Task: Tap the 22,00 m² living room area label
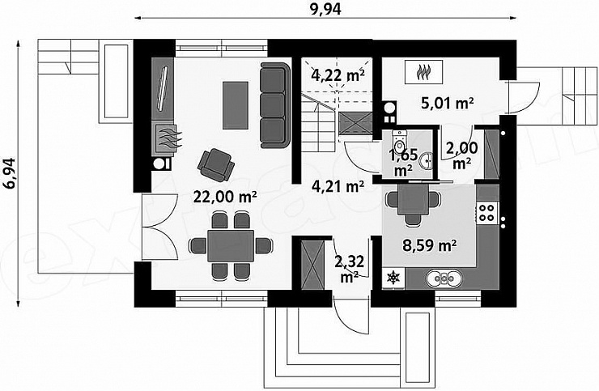click(x=225, y=197)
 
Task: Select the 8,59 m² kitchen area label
click(x=430, y=245)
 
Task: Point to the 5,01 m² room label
click(x=448, y=103)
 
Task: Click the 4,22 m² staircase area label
click(x=338, y=75)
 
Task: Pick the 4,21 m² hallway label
click(x=338, y=186)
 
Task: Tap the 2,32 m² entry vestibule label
click(x=349, y=269)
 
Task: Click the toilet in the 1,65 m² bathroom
click(x=400, y=141)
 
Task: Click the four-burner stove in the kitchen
click(x=487, y=213)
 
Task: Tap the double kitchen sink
click(x=443, y=278)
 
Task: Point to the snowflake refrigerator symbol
click(x=393, y=278)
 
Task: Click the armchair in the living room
click(x=216, y=164)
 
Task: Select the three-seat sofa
click(x=274, y=105)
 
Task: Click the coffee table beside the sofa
click(x=236, y=104)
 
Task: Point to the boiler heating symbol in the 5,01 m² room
click(x=424, y=71)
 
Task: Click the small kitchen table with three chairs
click(x=411, y=203)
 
